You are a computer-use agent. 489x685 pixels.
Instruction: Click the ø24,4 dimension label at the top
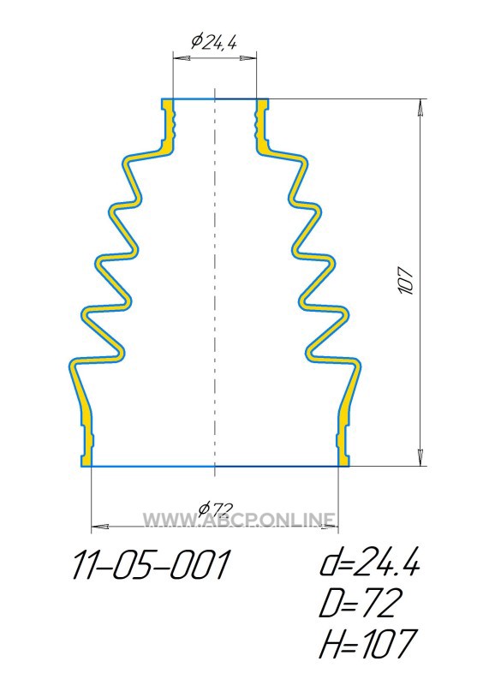(214, 42)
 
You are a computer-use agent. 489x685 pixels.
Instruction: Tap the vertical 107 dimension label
(407, 280)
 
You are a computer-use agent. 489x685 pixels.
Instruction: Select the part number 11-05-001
(151, 565)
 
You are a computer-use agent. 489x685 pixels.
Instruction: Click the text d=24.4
(370, 563)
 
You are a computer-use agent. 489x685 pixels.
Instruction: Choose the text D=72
(360, 604)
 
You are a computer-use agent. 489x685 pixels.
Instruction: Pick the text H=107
(368, 644)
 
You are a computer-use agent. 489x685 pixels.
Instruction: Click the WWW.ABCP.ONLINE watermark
(240, 520)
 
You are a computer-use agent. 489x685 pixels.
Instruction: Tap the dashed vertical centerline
(215, 283)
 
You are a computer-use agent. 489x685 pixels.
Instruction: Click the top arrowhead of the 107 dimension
(420, 108)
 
